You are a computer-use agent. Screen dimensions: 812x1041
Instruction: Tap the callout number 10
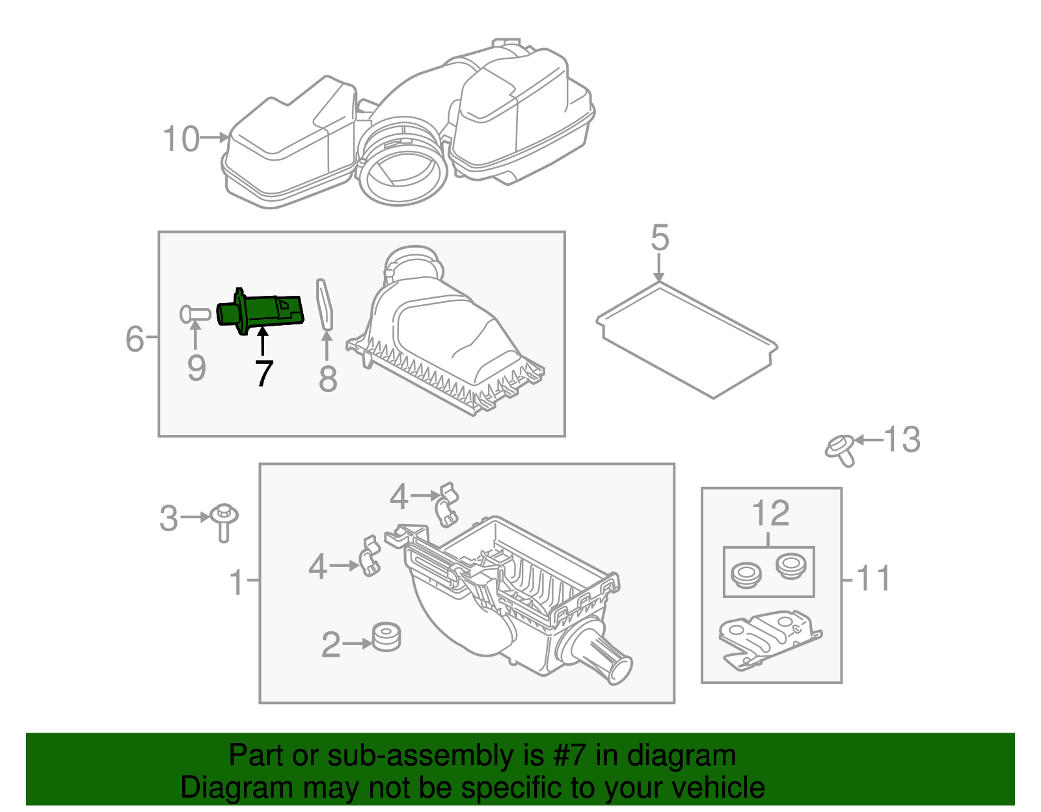[x=181, y=139]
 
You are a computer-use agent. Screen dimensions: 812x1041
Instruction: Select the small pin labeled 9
[x=194, y=315]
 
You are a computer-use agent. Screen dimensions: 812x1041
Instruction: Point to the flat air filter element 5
[x=687, y=339]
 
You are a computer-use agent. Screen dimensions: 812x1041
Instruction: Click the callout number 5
[x=660, y=238]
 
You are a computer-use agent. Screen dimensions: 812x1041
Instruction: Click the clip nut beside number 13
[x=841, y=449]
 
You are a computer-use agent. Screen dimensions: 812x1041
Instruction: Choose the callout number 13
[x=902, y=439]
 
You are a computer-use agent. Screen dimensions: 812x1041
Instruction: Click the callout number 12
[x=770, y=514]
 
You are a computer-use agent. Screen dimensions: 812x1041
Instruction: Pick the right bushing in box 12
[x=790, y=565]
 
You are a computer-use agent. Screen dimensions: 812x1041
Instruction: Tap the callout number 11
[x=872, y=579]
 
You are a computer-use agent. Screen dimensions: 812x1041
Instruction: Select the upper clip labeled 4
[x=447, y=503]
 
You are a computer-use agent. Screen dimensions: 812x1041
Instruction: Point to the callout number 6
[x=135, y=339]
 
